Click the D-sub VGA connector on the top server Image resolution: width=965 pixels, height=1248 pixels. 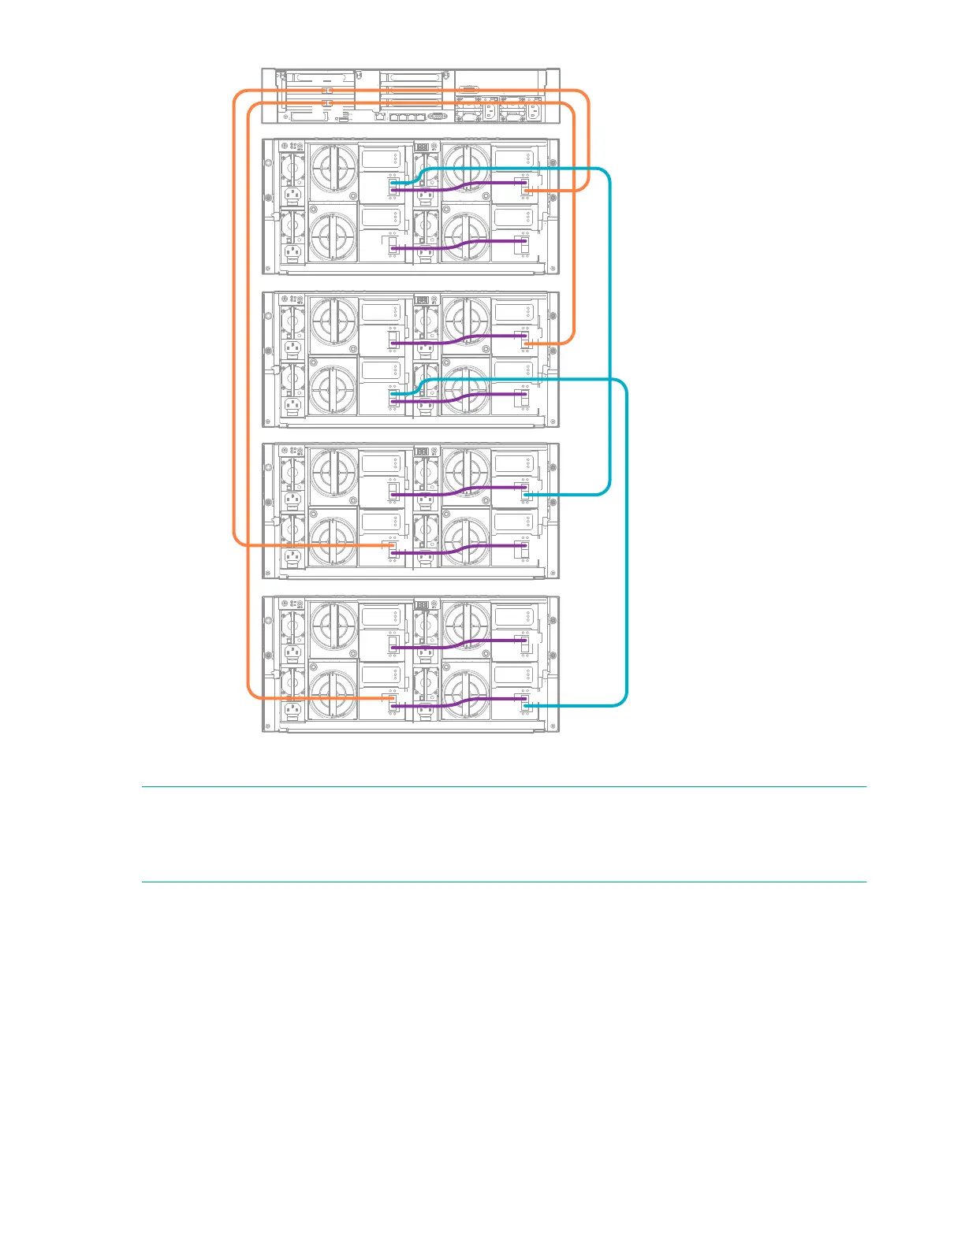click(438, 116)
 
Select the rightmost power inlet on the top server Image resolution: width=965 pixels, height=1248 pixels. click(532, 111)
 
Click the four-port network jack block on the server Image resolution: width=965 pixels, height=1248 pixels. click(408, 117)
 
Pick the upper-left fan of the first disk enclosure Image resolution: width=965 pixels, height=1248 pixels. click(333, 170)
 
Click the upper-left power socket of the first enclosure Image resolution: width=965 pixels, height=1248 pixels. click(292, 194)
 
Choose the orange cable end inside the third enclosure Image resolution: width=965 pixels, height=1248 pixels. click(389, 544)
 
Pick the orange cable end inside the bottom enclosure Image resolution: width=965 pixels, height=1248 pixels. click(389, 698)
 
